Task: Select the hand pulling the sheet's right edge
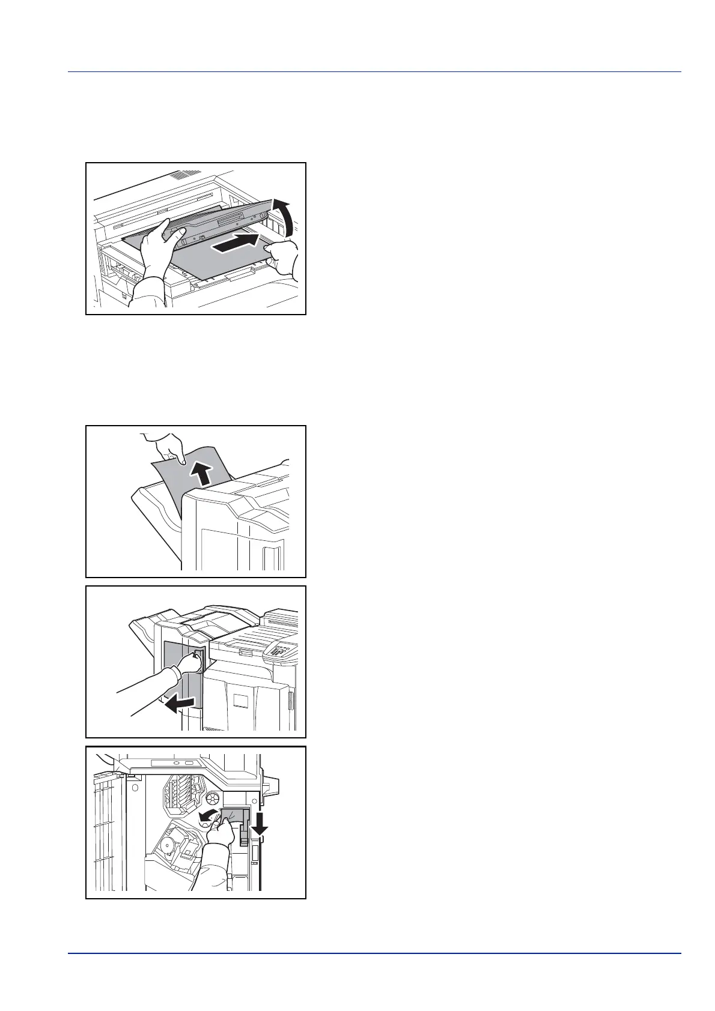click(283, 259)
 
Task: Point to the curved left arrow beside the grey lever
click(205, 816)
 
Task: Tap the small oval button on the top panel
click(176, 764)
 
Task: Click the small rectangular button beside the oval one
click(189, 763)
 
